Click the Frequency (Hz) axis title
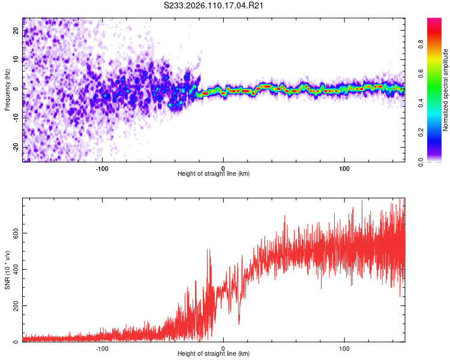point(7,90)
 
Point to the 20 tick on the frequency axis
point(17,31)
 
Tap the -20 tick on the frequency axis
point(17,146)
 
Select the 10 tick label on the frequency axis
point(17,59)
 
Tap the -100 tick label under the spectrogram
point(102,167)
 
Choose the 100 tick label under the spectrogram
point(344,167)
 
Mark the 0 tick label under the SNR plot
point(223,347)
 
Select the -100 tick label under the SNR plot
point(102,347)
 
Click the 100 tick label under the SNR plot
point(344,347)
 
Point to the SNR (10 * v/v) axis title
point(7,270)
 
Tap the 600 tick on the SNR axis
point(17,233)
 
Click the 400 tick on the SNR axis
point(17,269)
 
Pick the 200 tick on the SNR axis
point(17,305)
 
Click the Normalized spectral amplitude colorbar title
point(446,90)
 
